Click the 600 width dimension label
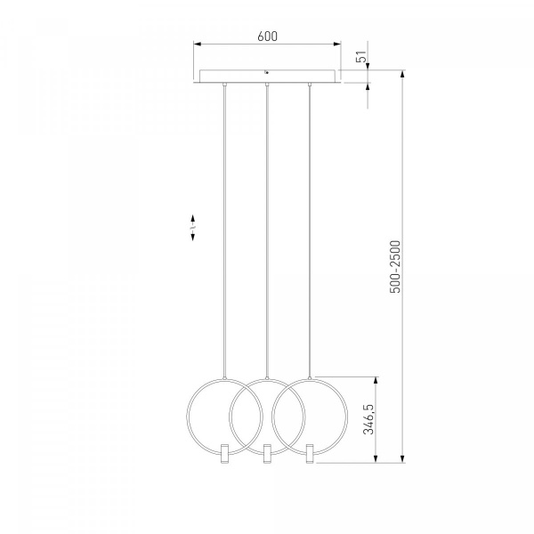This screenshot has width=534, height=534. point(267,36)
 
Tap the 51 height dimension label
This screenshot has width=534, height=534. point(361,57)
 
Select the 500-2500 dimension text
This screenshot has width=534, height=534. point(395,267)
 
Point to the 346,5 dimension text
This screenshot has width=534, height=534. point(368,419)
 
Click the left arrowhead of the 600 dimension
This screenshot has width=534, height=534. point(198,44)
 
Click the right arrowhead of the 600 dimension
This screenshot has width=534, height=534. point(336,44)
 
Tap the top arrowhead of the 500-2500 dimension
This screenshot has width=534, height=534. point(402,75)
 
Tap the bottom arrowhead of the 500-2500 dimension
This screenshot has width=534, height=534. point(402,458)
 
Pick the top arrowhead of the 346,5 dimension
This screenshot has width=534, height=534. point(376,381)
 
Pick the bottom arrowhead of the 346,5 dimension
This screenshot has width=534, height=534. point(376,458)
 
